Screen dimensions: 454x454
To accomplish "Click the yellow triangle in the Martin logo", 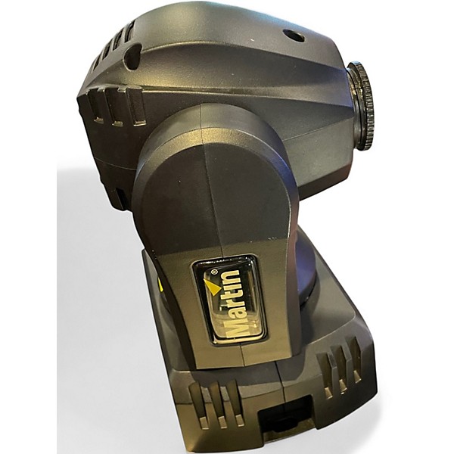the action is [x=212, y=287].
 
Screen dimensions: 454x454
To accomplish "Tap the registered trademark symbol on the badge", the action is [x=214, y=272].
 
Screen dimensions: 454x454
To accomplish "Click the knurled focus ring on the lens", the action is [x=361, y=106].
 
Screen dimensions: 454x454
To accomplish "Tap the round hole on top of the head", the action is [x=294, y=36].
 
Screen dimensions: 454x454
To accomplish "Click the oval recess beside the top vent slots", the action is [x=132, y=57].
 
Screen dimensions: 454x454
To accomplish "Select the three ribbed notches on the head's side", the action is [x=116, y=107].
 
